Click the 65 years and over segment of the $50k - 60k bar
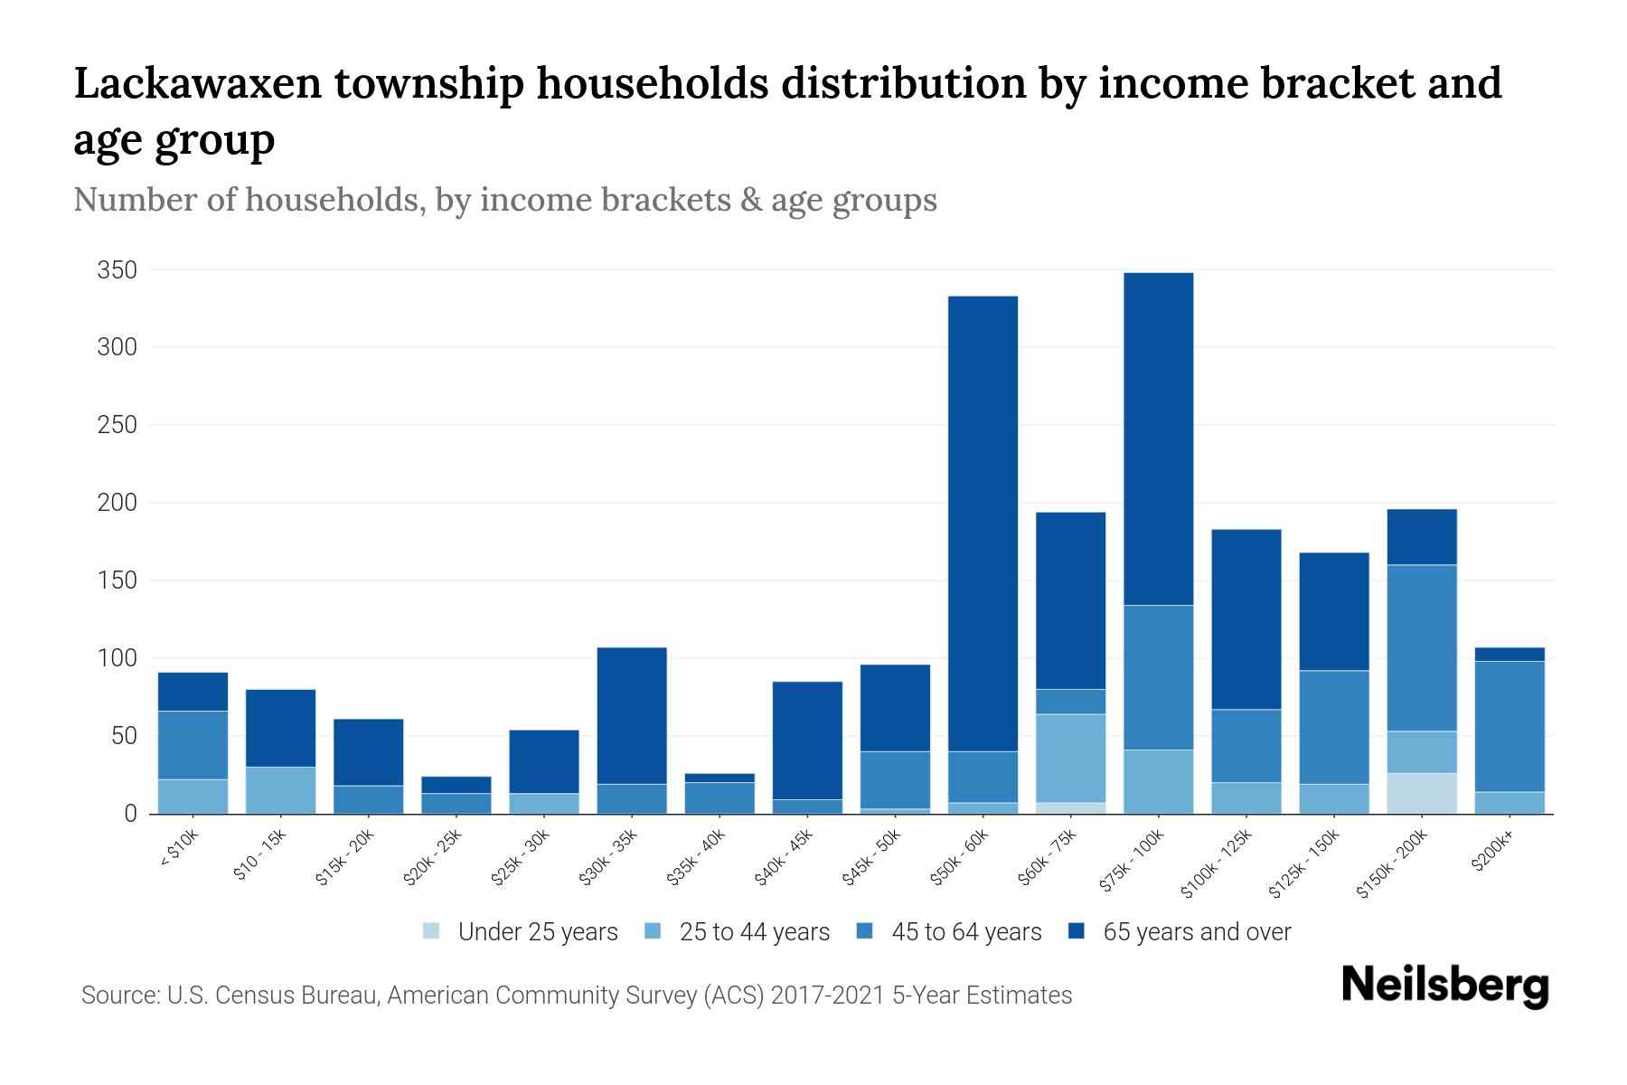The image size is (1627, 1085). tap(983, 524)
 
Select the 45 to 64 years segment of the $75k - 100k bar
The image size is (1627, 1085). tap(1158, 677)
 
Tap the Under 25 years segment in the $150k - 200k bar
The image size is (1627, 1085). tap(1422, 793)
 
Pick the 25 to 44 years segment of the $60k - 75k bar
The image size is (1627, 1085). tap(1070, 758)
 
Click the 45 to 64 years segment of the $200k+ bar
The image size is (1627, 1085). tap(1509, 726)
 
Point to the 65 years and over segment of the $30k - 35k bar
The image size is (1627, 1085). tap(632, 715)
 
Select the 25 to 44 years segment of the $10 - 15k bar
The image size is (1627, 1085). tap(280, 790)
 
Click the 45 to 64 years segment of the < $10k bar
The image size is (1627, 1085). tap(193, 745)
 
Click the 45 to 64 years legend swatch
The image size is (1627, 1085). tap(865, 931)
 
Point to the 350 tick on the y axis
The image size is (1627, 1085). tap(118, 270)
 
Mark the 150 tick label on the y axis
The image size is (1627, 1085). tap(118, 580)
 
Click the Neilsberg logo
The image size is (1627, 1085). tap(1444, 986)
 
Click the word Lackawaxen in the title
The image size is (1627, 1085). tap(197, 83)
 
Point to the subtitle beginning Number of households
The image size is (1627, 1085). tap(504, 200)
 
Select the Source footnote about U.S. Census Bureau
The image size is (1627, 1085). tap(577, 995)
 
